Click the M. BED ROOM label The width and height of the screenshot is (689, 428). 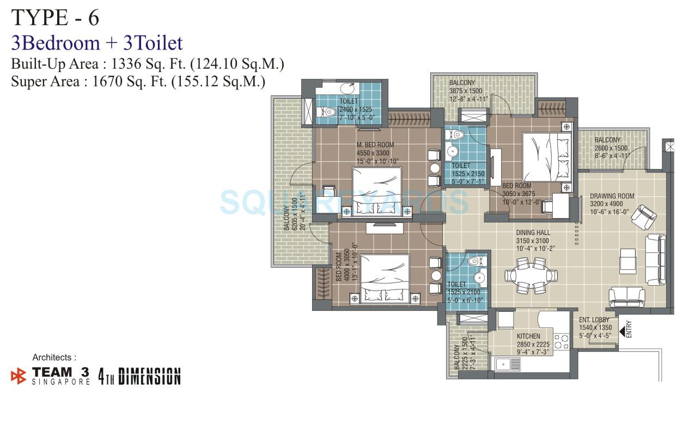[x=375, y=145]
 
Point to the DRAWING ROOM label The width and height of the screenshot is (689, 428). [x=612, y=196]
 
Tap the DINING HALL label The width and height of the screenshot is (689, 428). [x=533, y=233]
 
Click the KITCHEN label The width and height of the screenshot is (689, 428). [x=528, y=336]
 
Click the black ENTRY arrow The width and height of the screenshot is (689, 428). [x=622, y=329]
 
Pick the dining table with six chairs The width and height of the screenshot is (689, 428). [x=526, y=275]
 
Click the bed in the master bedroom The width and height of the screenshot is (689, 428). [x=376, y=189]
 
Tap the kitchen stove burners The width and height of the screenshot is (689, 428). [x=561, y=342]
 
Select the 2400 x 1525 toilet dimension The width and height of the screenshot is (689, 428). [x=356, y=110]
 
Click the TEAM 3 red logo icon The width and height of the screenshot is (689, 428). [x=19, y=376]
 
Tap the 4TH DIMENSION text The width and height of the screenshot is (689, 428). [x=139, y=377]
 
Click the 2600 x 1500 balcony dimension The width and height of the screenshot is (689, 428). [x=611, y=148]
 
